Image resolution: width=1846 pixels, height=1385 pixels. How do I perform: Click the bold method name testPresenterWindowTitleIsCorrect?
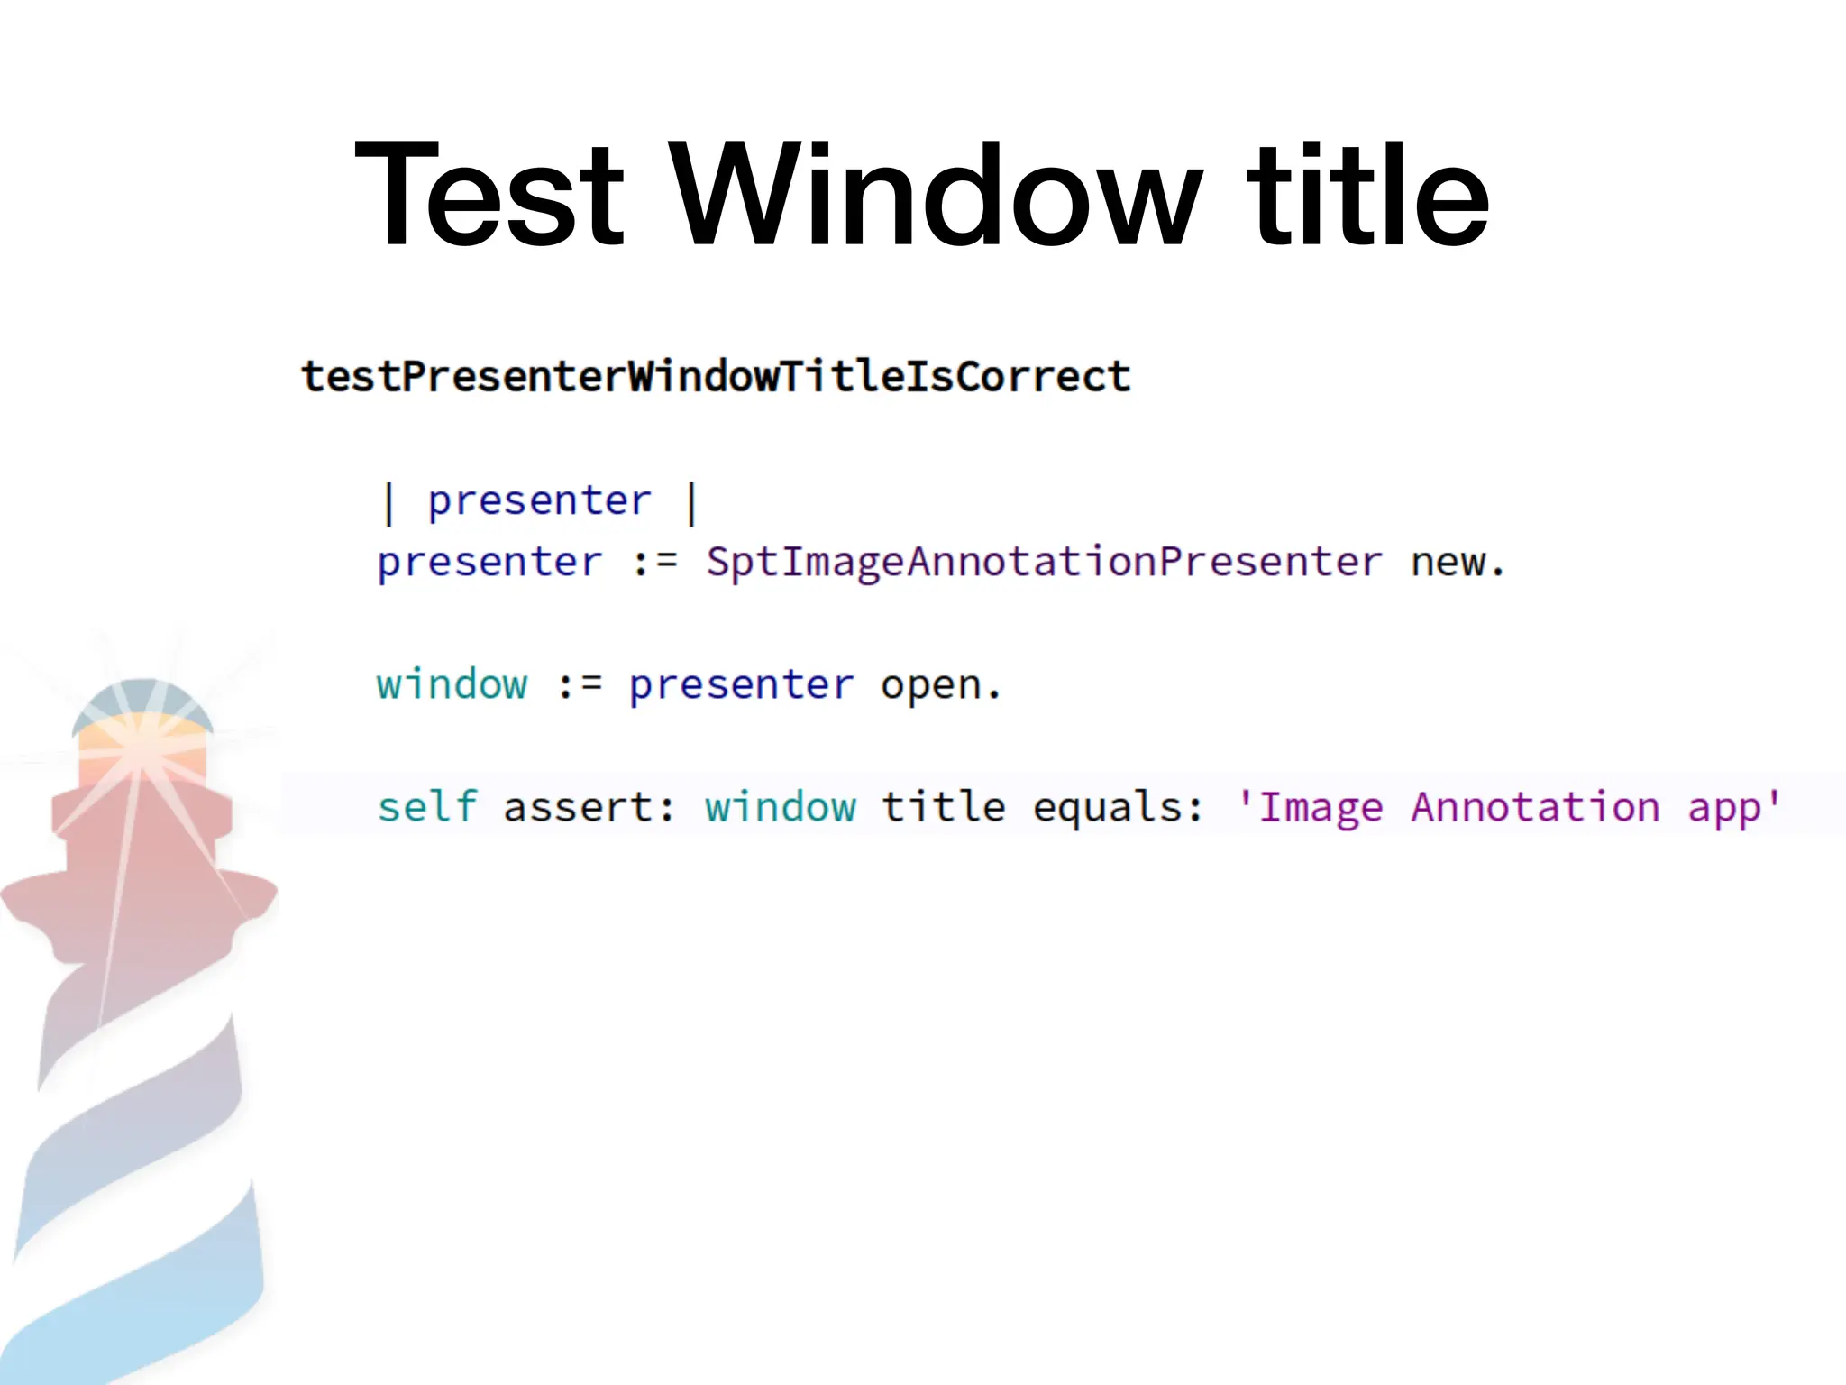tap(716, 376)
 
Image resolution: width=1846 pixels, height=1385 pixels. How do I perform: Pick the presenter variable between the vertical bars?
tap(539, 501)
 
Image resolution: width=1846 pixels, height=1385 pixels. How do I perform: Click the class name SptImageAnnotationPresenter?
tap(1044, 563)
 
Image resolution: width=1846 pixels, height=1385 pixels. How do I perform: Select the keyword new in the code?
tap(1448, 563)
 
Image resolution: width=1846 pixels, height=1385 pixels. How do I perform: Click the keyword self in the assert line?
tap(426, 806)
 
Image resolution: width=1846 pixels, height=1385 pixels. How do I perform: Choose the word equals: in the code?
tap(1118, 806)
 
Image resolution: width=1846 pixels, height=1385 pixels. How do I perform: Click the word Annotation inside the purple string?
tap(1535, 806)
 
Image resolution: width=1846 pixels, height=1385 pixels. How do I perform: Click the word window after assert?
tap(781, 806)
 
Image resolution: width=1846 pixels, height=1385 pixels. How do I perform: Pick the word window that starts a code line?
tap(452, 685)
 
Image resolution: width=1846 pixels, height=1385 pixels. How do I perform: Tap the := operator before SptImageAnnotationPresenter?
tap(654, 563)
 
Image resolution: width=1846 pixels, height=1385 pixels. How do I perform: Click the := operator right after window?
tap(579, 685)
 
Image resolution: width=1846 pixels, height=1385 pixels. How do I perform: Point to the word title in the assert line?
tap(943, 806)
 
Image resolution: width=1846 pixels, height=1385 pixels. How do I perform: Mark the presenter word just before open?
tap(741, 685)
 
